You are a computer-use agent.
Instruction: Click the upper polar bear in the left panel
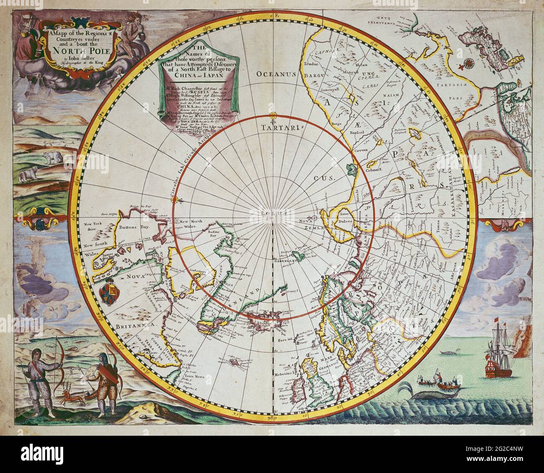(x=52, y=157)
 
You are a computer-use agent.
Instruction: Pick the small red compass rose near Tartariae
(x=468, y=64)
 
